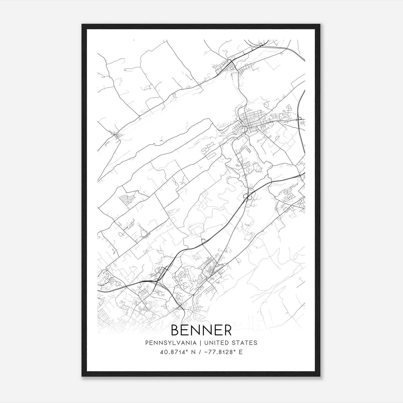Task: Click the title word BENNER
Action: (x=201, y=330)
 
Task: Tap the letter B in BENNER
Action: (x=175, y=330)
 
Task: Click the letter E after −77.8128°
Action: (x=241, y=352)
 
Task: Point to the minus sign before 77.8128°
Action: (x=207, y=352)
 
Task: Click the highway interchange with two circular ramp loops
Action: (x=247, y=196)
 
